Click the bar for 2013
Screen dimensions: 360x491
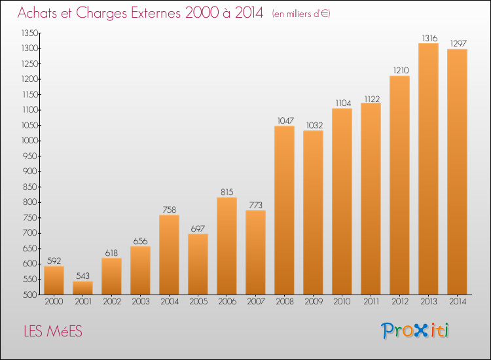point(428,169)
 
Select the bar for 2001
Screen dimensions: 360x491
point(82,288)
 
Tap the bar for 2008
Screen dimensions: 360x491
point(284,210)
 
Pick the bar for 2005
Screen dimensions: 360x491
point(198,264)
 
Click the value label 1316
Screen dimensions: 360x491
point(428,39)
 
